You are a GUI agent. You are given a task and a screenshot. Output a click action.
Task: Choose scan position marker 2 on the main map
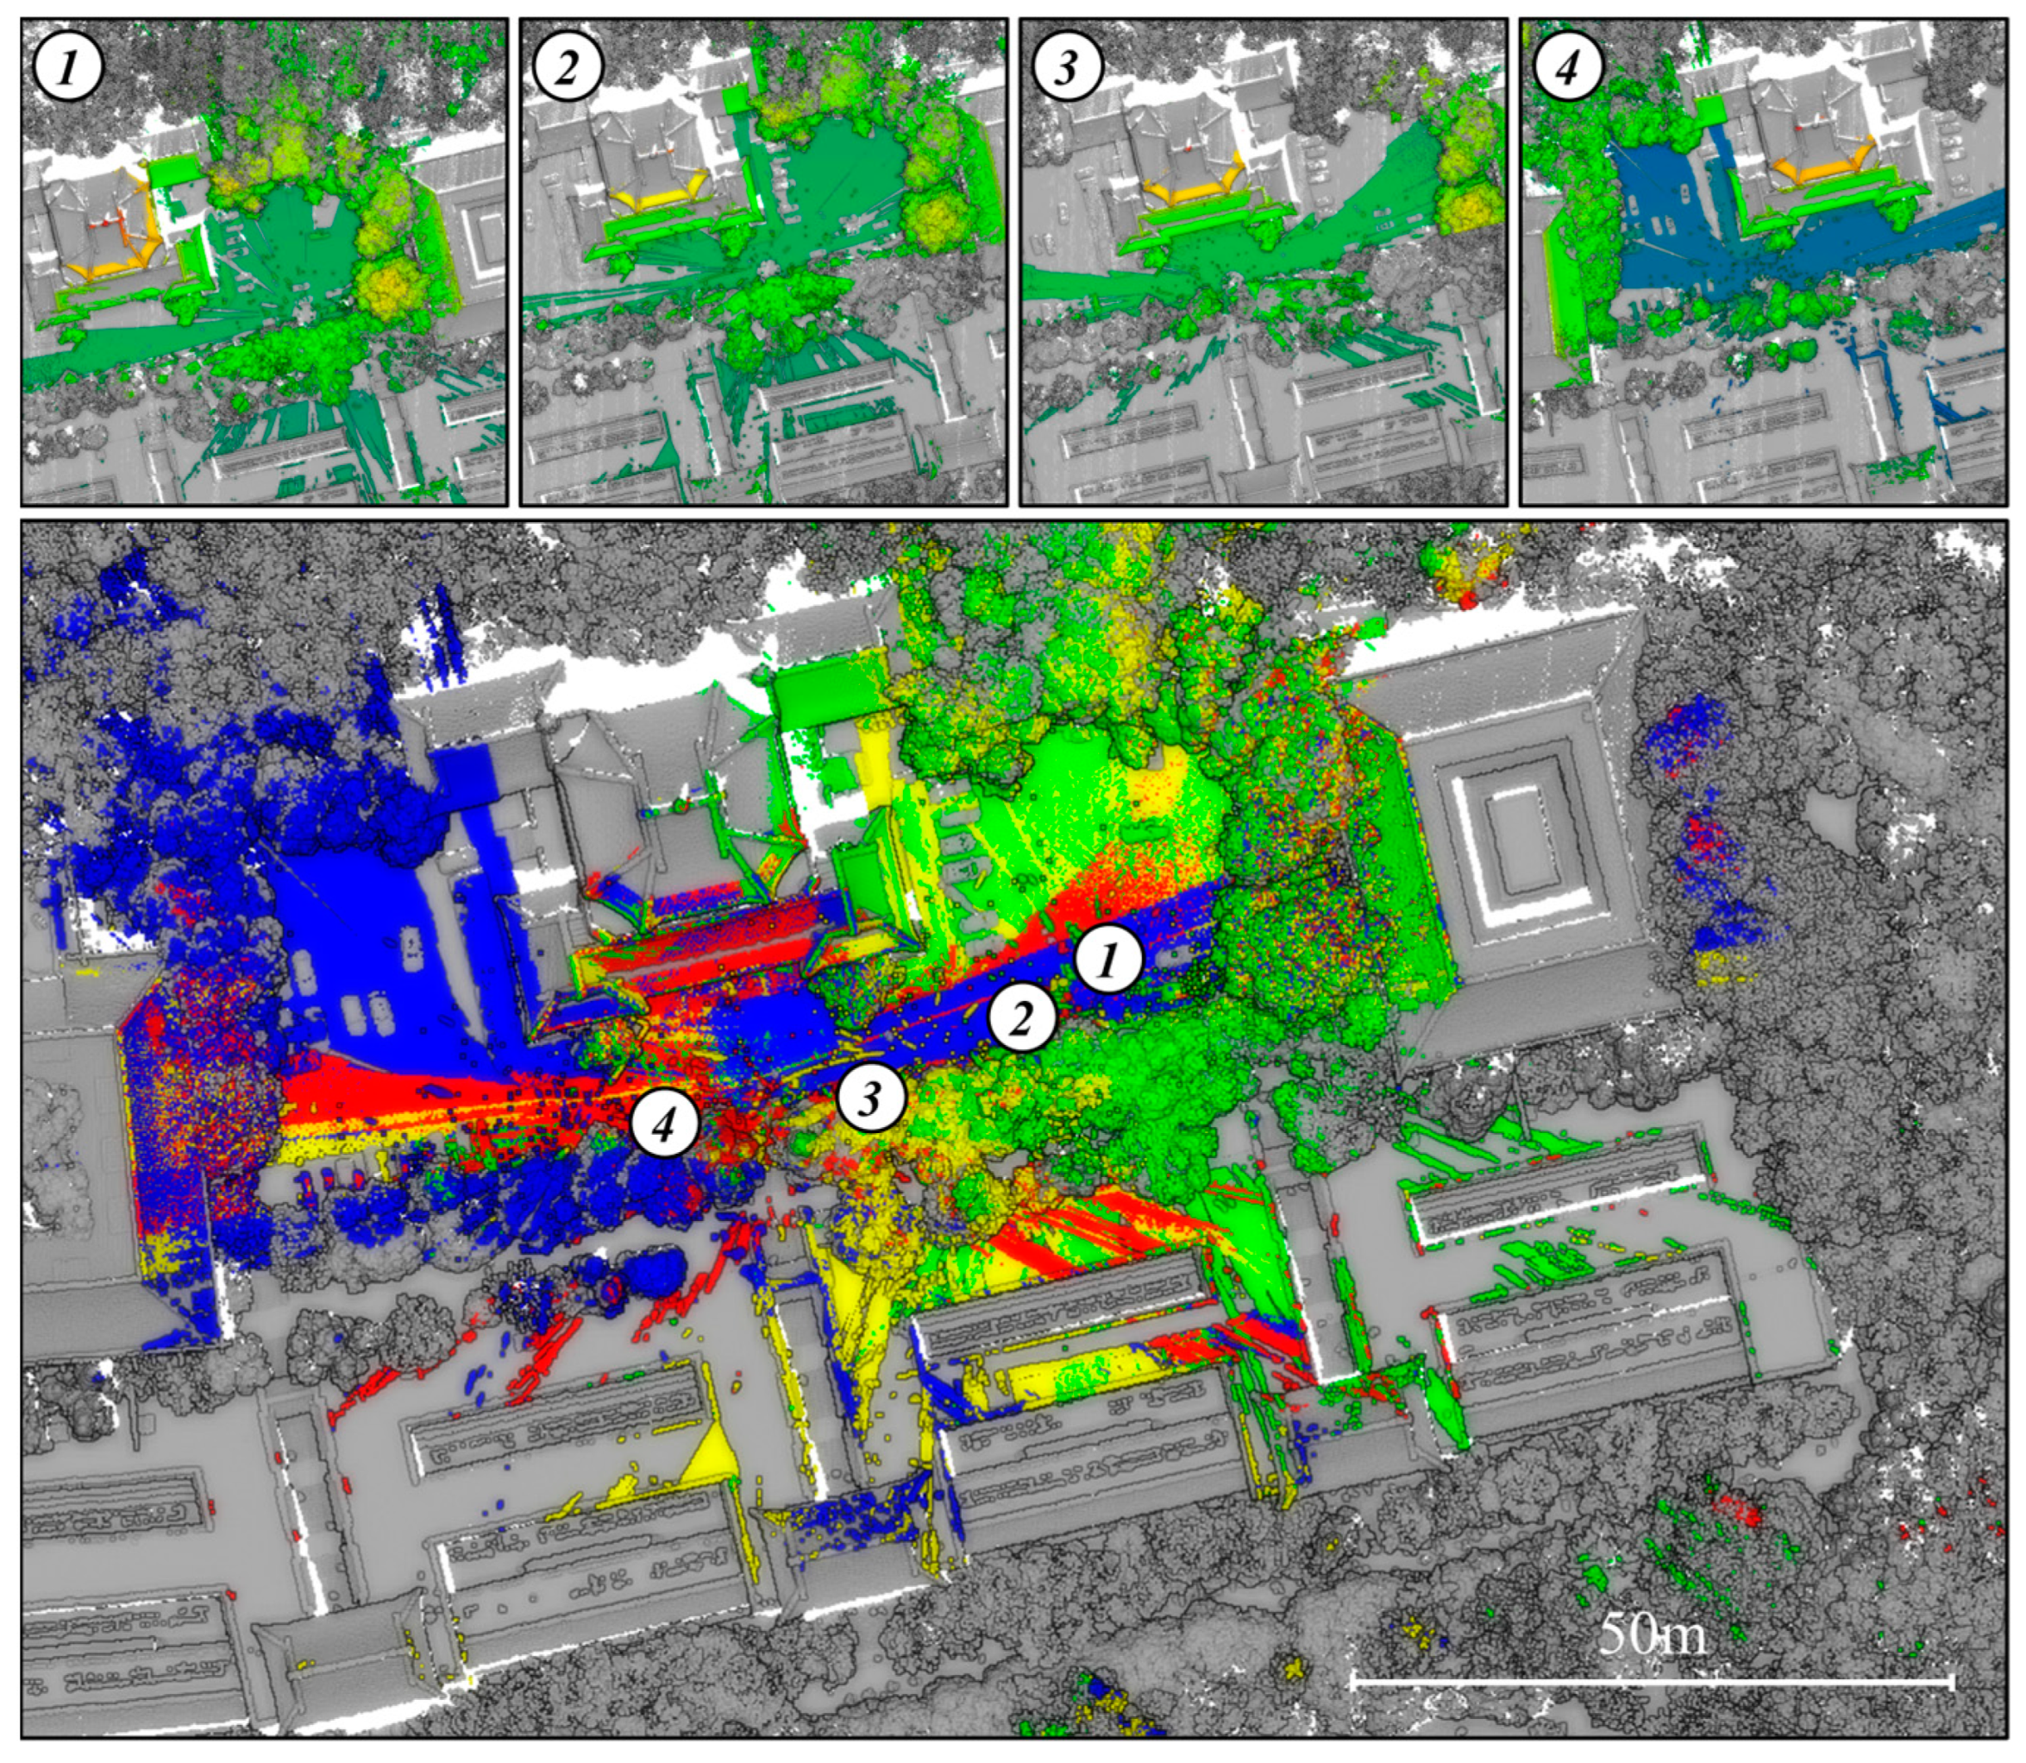click(x=1022, y=1020)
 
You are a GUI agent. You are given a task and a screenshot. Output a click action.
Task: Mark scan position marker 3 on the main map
click(x=870, y=1098)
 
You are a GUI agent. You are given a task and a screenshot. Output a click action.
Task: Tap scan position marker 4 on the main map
click(x=665, y=1124)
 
